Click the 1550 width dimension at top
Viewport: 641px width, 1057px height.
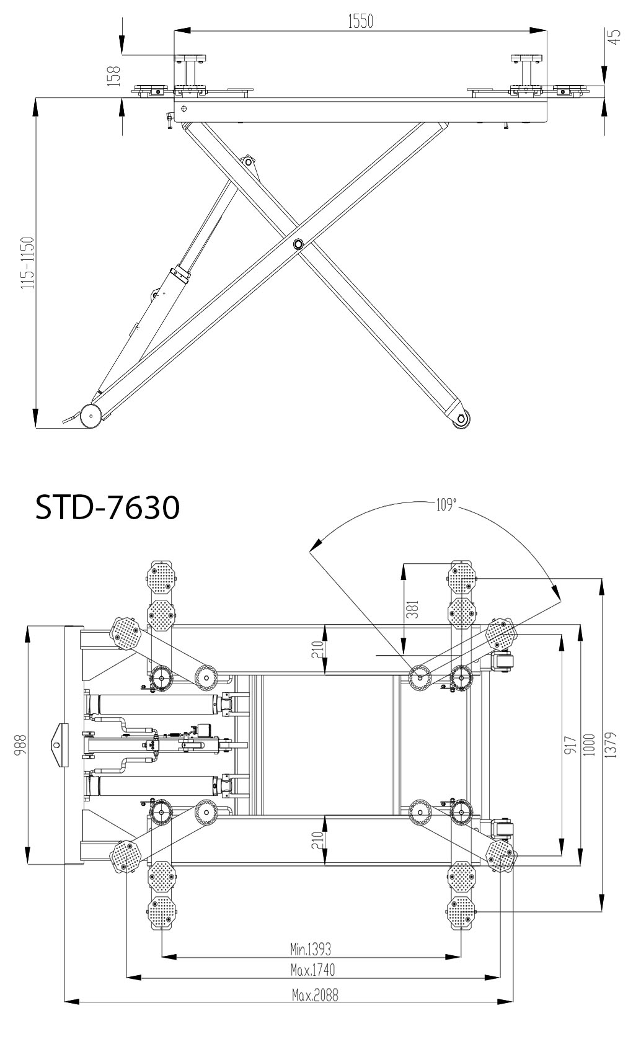pos(360,21)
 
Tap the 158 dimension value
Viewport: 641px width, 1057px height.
pos(114,76)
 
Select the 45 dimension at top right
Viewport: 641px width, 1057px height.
pos(614,37)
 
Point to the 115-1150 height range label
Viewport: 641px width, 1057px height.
pos(28,263)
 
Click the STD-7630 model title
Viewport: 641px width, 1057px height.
pos(107,507)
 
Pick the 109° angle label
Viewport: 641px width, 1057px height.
pos(446,505)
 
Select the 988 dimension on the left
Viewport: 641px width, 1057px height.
pos(20,744)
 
